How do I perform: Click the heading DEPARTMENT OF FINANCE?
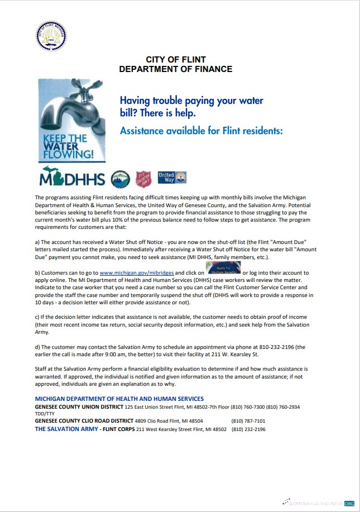coord(176,69)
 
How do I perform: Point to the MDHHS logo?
coord(72,179)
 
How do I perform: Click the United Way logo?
coord(171,178)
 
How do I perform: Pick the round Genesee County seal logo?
coord(120,179)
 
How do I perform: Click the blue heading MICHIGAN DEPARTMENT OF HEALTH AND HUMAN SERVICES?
coord(119,399)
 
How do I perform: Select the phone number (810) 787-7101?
coord(248,421)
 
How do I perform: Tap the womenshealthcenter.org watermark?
coord(319,503)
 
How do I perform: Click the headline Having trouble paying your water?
coord(191,101)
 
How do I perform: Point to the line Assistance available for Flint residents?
coord(201,131)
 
